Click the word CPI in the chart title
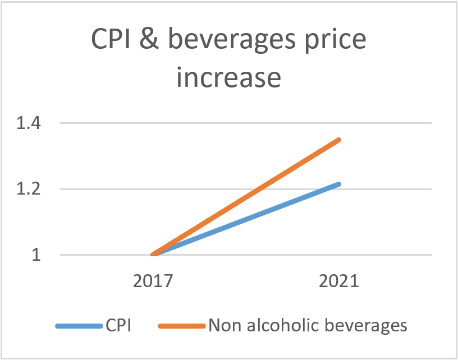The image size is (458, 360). [111, 39]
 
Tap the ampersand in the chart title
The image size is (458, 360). [149, 39]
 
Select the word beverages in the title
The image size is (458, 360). [232, 41]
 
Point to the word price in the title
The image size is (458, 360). [335, 41]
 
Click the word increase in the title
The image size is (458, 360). [228, 77]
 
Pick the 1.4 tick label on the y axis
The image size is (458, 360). [28, 123]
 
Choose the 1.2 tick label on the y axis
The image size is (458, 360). [28, 189]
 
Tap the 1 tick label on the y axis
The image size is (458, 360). [36, 255]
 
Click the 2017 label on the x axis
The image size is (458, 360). [153, 281]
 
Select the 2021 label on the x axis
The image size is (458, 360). [339, 281]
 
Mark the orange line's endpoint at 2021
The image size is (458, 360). [339, 140]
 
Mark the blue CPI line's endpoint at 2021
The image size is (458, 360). [339, 184]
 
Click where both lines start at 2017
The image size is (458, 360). [153, 255]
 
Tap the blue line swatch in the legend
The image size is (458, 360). [79, 326]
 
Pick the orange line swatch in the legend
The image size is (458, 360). [182, 326]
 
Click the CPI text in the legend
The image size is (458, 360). [118, 325]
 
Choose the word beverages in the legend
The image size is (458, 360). [366, 326]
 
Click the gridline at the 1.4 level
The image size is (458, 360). [246, 123]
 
